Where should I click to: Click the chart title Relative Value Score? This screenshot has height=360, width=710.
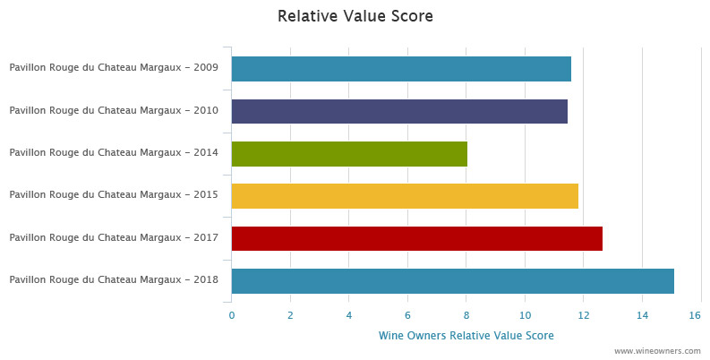pos(355,16)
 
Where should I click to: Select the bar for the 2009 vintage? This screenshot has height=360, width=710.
pos(400,69)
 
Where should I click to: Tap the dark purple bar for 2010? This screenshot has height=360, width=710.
pos(398,111)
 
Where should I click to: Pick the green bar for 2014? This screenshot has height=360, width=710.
pos(348,153)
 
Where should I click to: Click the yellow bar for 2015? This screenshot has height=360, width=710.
pos(404,195)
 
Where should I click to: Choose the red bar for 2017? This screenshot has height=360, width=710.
pos(416,238)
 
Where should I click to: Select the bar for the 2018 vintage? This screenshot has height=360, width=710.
pos(452,280)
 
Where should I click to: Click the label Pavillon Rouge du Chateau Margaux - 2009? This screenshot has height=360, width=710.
pos(114,69)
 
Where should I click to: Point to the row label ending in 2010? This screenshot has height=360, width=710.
pos(114,111)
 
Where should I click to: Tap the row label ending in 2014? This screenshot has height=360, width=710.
pos(114,153)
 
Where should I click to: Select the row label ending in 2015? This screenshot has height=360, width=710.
pos(114,195)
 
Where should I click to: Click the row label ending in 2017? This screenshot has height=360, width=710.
pos(114,238)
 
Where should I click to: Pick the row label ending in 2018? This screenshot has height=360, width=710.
pos(114,280)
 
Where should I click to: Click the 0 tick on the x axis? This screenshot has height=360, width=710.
pos(231,315)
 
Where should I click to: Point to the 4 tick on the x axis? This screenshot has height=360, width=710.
pos(349,315)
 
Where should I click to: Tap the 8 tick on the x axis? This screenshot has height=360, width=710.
pos(466,315)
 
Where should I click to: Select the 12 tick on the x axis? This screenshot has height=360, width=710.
pos(584,315)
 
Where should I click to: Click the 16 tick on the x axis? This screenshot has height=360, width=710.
pos(695,315)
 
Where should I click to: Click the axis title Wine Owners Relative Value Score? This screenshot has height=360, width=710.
pos(466,336)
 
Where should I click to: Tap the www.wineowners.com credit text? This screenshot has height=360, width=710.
pos(657,352)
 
